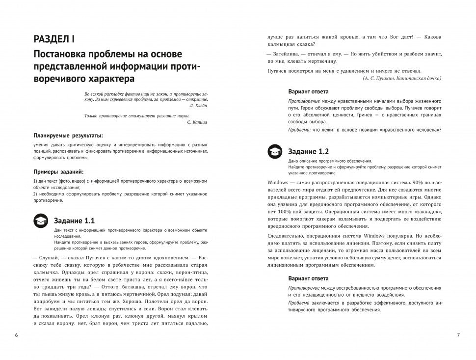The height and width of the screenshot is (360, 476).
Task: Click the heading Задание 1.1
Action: [74, 220]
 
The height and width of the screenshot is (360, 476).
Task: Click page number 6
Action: [16, 335]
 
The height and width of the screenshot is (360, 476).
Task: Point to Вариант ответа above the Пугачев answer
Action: [309, 91]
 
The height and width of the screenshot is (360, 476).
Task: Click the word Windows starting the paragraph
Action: [278, 182]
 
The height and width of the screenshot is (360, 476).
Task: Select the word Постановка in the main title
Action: [64, 54]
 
